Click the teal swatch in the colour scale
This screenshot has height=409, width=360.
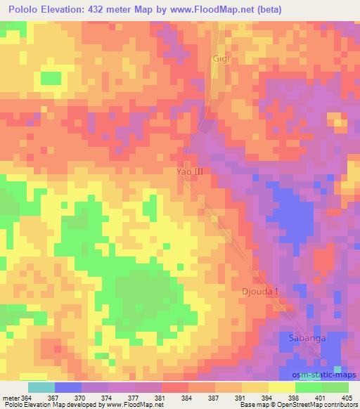[41, 387]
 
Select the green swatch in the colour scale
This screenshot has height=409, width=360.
[335, 387]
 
